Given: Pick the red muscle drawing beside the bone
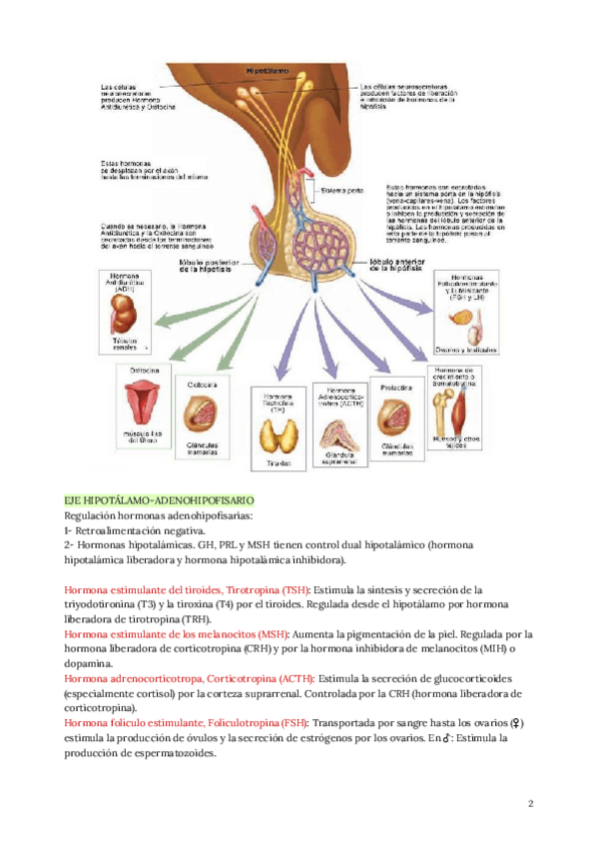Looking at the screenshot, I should [471, 408].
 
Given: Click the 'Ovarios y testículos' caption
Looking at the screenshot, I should [466, 351].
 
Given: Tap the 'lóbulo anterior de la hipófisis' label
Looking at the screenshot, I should [386, 265].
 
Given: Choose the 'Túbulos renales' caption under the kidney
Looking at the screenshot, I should [120, 344].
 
